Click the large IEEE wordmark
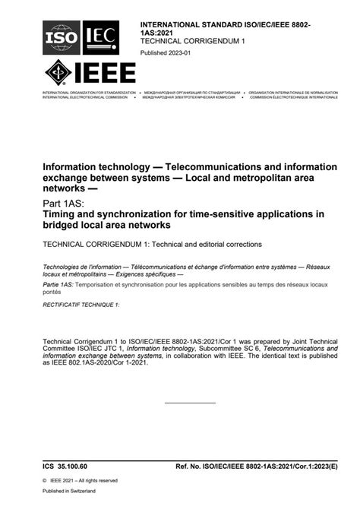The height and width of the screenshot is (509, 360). tap(108, 75)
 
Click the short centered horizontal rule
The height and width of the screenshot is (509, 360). tap(190, 403)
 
